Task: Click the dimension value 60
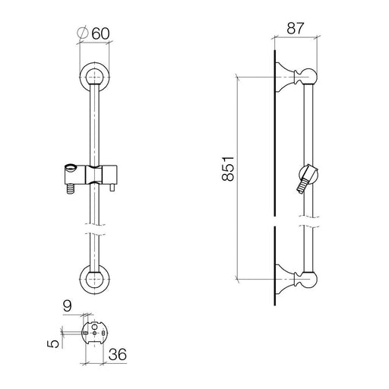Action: [x=100, y=34]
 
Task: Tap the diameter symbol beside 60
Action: [x=83, y=33]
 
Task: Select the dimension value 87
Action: [x=295, y=28]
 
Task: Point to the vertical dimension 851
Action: [x=228, y=169]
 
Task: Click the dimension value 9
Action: [x=68, y=306]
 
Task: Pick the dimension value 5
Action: [x=53, y=343]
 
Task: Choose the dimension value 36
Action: [x=118, y=354]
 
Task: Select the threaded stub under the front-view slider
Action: [x=71, y=189]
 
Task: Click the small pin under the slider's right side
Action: [x=112, y=188]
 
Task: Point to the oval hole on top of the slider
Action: [x=71, y=167]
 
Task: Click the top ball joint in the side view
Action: [x=308, y=77]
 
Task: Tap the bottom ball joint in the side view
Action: [x=308, y=280]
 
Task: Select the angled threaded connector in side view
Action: [x=302, y=186]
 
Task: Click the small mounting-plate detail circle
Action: [x=94, y=334]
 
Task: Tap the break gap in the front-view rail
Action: [x=95, y=229]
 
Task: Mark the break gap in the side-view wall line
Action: [x=275, y=221]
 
